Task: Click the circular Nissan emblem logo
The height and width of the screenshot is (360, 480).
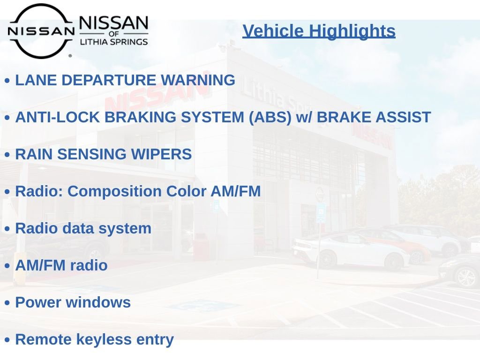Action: (x=41, y=31)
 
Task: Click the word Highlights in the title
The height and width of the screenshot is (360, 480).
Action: (x=352, y=31)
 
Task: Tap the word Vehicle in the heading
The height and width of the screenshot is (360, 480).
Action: (x=273, y=31)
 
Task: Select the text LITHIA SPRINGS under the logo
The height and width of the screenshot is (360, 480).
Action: (x=114, y=42)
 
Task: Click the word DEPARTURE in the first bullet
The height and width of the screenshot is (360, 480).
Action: (x=109, y=80)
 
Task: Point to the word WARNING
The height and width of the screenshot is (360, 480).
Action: (x=198, y=80)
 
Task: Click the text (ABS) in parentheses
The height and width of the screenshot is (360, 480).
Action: (x=270, y=118)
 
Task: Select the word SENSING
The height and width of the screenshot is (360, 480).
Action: (x=92, y=154)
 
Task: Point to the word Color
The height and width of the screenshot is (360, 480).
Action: (x=187, y=191)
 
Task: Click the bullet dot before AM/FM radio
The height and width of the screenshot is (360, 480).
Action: (x=7, y=266)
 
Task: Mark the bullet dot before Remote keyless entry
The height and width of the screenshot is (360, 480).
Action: (x=7, y=340)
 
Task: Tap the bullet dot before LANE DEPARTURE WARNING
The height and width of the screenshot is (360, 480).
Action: (x=7, y=81)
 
